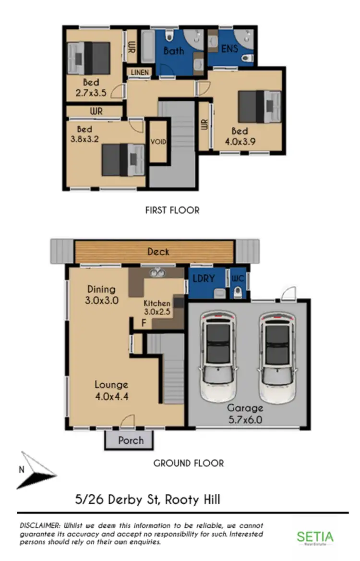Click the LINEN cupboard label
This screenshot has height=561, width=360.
(x=139, y=72)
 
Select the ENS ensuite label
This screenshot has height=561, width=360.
(x=229, y=49)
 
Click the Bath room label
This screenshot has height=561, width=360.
(x=174, y=50)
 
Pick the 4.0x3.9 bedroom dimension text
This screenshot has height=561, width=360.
(x=240, y=142)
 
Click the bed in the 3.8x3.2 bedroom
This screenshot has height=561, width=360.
(x=123, y=160)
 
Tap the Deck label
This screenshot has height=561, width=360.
(x=158, y=252)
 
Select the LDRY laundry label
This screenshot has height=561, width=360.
(x=204, y=279)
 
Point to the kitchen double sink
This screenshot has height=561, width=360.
(x=156, y=273)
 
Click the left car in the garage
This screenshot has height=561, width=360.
(x=218, y=356)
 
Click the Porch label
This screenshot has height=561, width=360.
(x=130, y=440)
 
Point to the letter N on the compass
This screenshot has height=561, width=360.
(x=21, y=470)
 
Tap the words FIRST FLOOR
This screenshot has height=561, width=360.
(x=172, y=210)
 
